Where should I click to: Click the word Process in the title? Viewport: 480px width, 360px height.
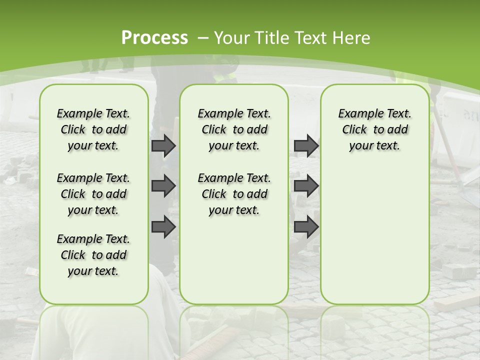tap(154, 38)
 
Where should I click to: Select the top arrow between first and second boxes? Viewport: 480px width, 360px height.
tap(163, 145)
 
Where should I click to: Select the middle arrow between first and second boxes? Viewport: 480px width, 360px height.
tap(163, 186)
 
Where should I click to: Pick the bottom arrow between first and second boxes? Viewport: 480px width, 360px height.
tap(163, 226)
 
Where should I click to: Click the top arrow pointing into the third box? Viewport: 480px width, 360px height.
tap(306, 145)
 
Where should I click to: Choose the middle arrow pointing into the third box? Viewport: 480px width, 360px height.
tap(306, 186)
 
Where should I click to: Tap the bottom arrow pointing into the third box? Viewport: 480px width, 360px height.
tap(306, 226)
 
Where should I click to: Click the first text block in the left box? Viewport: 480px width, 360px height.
tap(93, 129)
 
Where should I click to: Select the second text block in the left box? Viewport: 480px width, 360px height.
tap(93, 194)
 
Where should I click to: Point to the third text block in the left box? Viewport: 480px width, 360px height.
tap(93, 255)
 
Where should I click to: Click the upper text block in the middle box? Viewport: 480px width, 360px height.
tap(234, 129)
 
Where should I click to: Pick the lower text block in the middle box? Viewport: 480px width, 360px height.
tap(234, 194)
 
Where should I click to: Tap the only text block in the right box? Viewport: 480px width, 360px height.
tap(374, 129)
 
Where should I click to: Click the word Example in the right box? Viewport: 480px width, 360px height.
tap(355, 113)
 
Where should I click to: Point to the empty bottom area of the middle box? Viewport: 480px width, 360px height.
tap(234, 265)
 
